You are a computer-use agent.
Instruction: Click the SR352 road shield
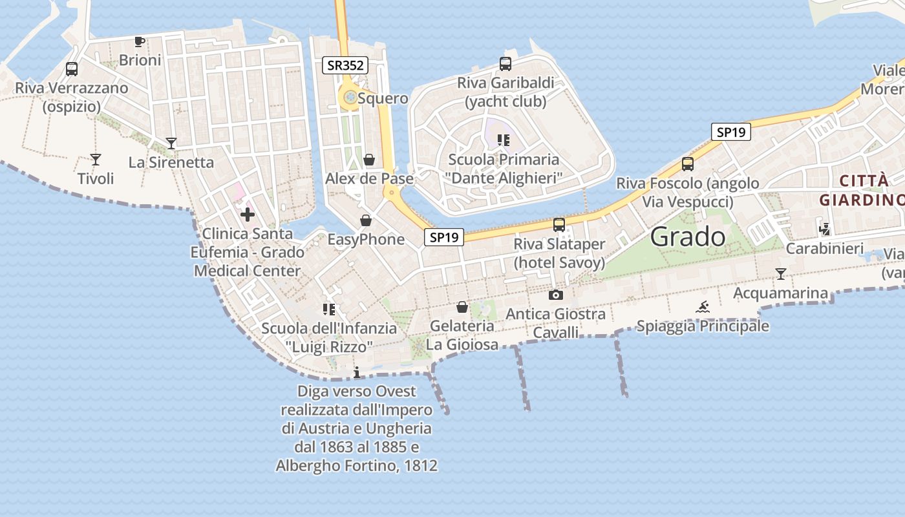click(345, 65)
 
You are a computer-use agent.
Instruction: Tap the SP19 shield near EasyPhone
click(444, 237)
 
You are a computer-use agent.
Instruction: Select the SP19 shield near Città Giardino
click(731, 132)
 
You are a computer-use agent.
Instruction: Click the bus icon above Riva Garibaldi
click(506, 64)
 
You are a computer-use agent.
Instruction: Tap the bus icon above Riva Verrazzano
click(72, 69)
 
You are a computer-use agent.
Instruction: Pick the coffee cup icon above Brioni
click(139, 42)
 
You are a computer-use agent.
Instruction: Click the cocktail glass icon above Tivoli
click(96, 159)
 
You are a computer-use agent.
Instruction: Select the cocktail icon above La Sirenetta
click(171, 143)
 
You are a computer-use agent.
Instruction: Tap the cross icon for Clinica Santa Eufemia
click(248, 215)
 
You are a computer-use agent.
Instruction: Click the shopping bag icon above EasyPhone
click(366, 220)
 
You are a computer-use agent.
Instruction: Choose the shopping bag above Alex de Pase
click(369, 159)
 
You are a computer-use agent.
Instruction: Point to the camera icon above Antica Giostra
click(555, 295)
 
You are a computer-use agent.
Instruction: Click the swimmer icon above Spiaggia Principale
click(703, 307)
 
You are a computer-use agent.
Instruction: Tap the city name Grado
click(687, 237)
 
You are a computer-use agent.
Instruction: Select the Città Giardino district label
click(862, 190)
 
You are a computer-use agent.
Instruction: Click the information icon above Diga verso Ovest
click(357, 372)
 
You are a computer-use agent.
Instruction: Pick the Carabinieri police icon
click(824, 229)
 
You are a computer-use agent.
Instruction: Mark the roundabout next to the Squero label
click(350, 98)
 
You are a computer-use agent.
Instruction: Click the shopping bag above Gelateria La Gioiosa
click(462, 307)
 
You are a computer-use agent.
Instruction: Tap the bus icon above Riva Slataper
click(559, 225)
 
